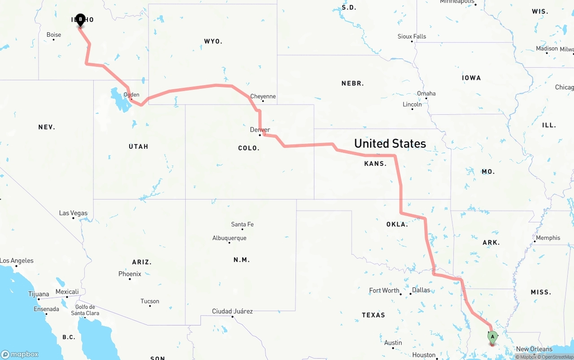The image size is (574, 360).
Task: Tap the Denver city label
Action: click(260, 130)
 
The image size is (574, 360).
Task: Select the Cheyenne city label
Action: click(263, 96)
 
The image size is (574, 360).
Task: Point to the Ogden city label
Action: click(131, 95)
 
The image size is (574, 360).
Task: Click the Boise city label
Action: click(54, 35)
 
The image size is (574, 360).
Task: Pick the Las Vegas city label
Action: click(73, 213)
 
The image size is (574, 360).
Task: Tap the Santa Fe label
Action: click(242, 224)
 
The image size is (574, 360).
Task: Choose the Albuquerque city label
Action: click(229, 238)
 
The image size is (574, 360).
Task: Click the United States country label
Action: click(390, 143)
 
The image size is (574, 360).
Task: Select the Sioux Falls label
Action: click(412, 36)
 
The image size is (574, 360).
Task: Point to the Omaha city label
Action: click(426, 93)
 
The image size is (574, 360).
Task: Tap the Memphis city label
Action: click(548, 238)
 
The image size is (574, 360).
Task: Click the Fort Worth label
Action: click(384, 290)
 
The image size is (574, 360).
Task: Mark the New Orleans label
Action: click(534, 349)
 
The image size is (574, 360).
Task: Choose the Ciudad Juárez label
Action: click(232, 311)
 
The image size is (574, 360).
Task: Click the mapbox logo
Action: click(20, 354)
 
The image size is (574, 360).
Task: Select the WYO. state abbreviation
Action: click(213, 41)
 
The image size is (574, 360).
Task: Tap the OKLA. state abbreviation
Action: click(397, 224)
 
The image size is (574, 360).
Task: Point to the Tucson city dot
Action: click(150, 307)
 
